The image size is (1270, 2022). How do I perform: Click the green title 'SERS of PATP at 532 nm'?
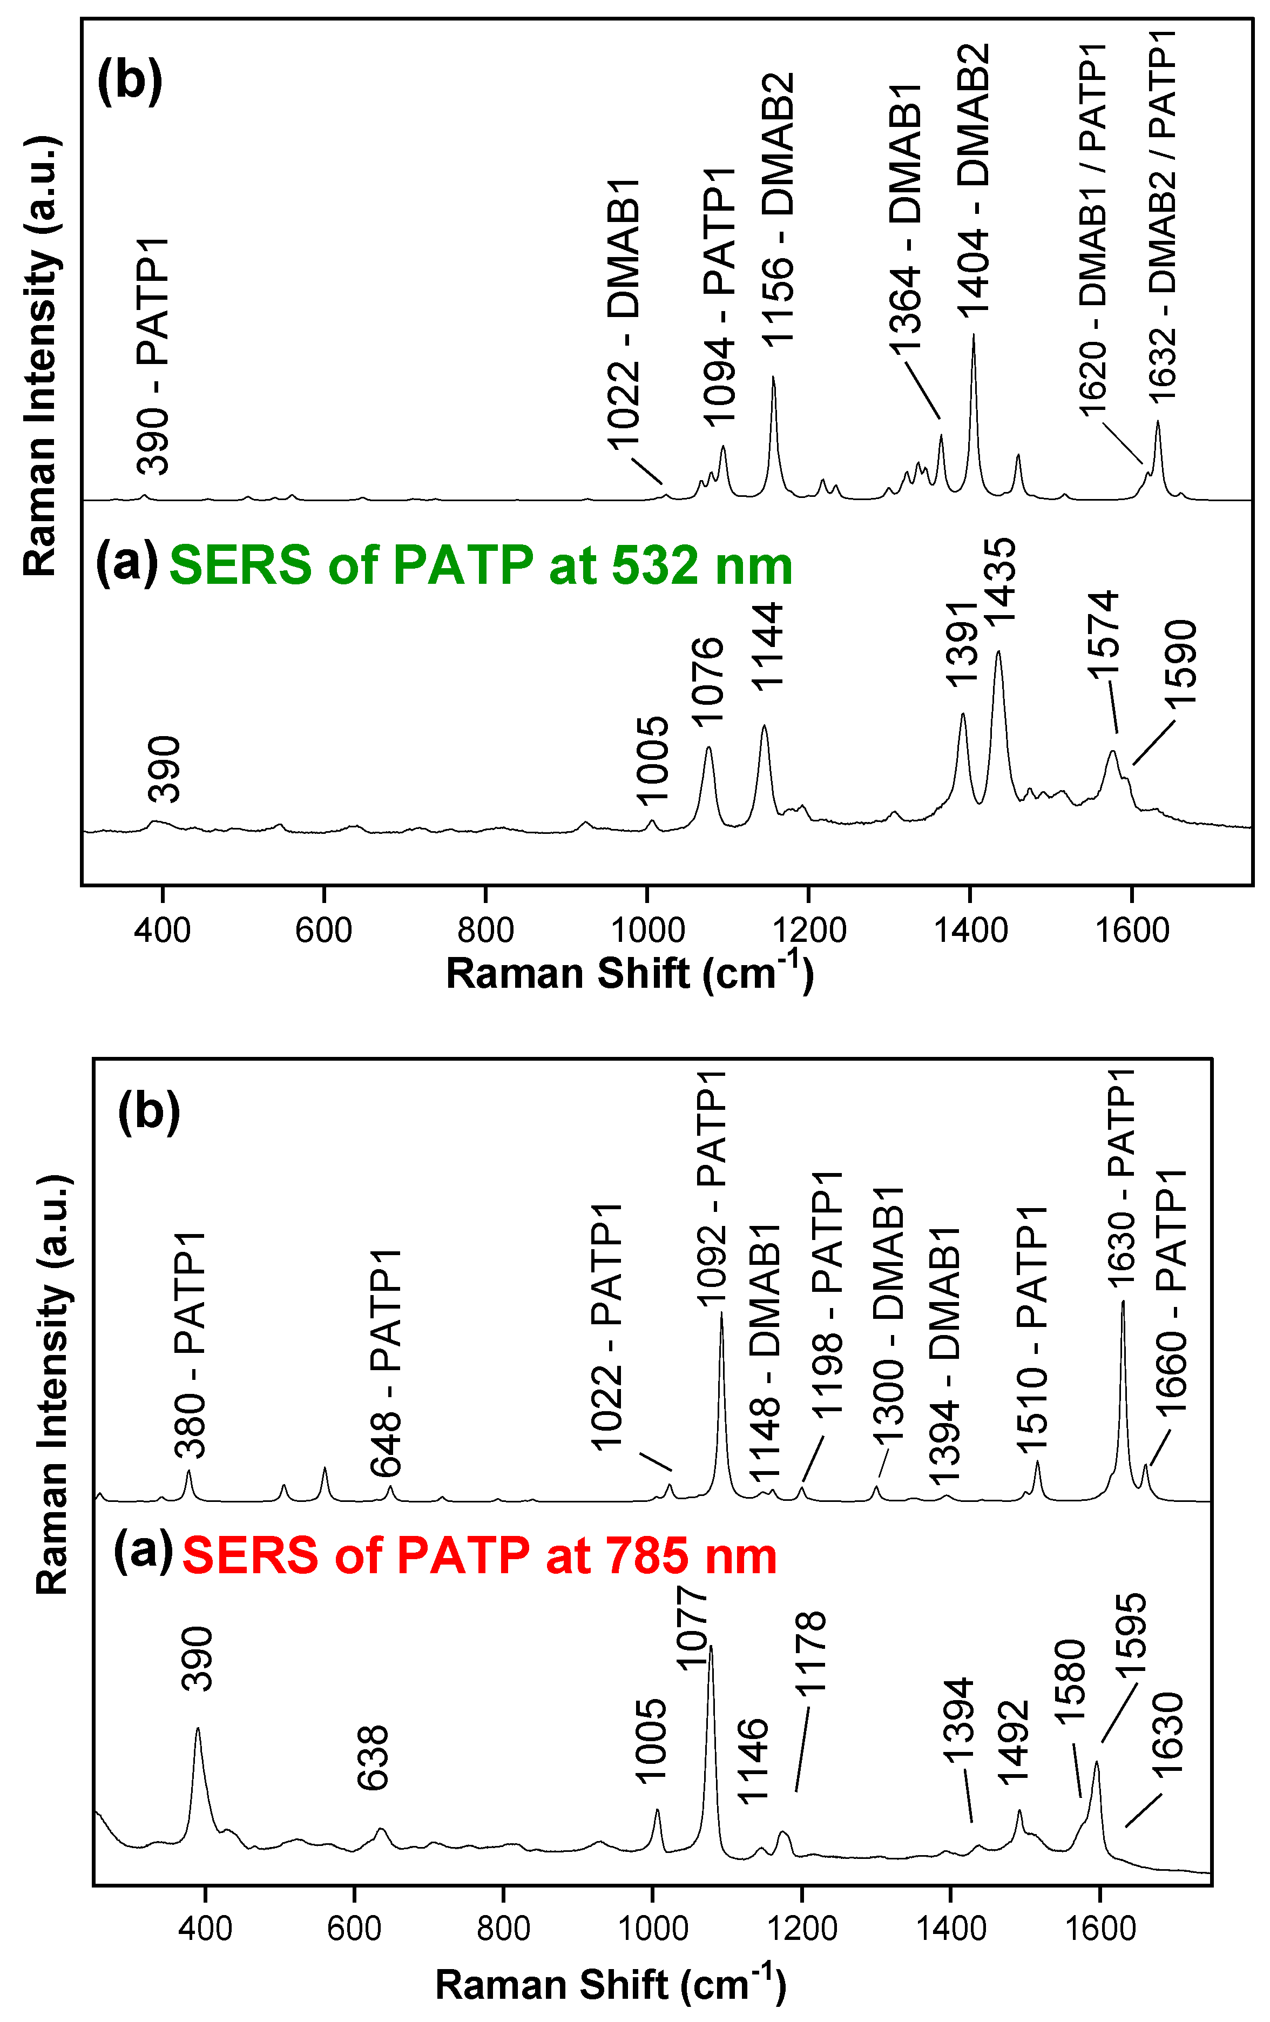(480, 564)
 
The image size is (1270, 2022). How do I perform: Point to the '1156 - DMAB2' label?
(777, 210)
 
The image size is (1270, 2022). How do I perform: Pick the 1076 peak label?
(707, 680)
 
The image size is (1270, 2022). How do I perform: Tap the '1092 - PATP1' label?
(712, 1188)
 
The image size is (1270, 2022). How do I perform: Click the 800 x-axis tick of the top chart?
(486, 931)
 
